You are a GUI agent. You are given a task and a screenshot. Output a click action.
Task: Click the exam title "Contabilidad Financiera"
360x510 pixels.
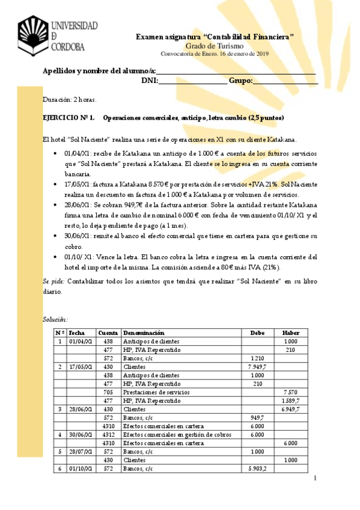[215, 37]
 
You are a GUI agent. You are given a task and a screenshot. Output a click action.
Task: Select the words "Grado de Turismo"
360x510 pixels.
[215, 46]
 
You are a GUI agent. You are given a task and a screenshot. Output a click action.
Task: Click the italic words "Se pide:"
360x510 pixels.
[54, 281]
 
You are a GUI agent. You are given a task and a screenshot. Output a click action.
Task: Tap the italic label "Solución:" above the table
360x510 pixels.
[55, 319]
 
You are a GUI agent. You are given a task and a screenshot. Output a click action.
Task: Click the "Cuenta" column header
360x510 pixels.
[108, 333]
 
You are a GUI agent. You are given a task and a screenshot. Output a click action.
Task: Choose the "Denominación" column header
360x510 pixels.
[144, 333]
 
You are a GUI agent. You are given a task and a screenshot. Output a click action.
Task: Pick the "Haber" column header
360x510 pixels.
[291, 333]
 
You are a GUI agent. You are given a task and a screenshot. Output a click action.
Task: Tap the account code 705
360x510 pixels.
[108, 392]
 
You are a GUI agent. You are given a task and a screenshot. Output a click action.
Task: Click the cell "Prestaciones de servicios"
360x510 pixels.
[153, 392]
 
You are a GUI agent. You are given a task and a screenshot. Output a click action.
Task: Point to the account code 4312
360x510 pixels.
[108, 434]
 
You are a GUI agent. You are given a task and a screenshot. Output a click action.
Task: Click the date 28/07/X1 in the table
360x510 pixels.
[80, 451]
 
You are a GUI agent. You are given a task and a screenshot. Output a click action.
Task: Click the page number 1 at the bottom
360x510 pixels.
[315, 479]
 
